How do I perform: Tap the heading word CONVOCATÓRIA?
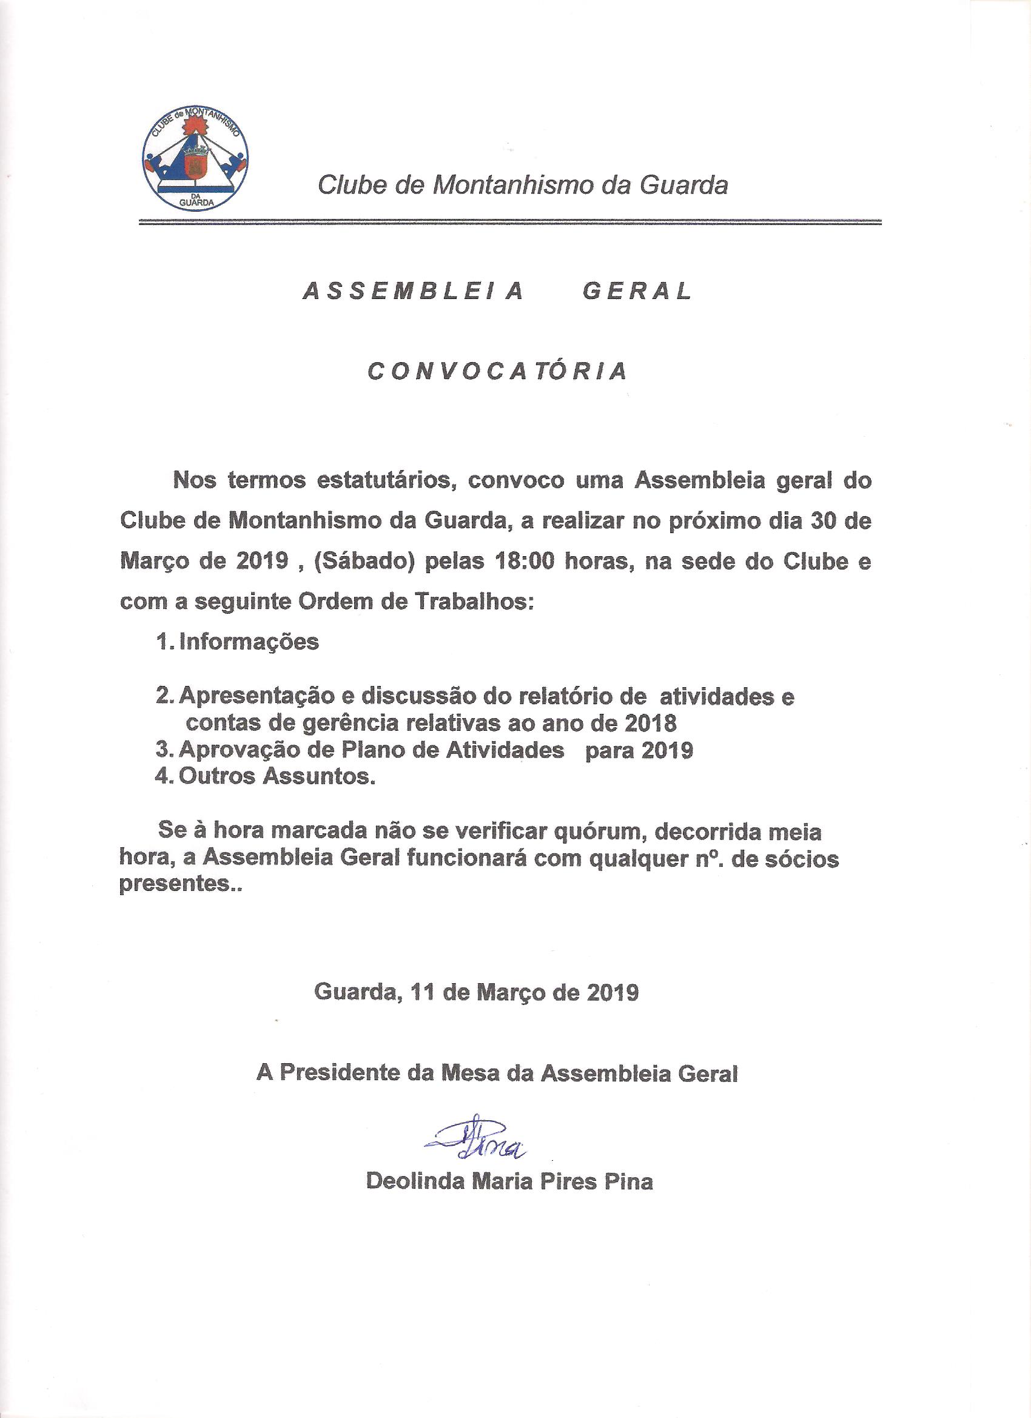[497, 371]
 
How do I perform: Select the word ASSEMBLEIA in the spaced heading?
[412, 292]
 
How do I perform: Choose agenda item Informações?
[248, 643]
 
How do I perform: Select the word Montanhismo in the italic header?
[497, 186]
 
